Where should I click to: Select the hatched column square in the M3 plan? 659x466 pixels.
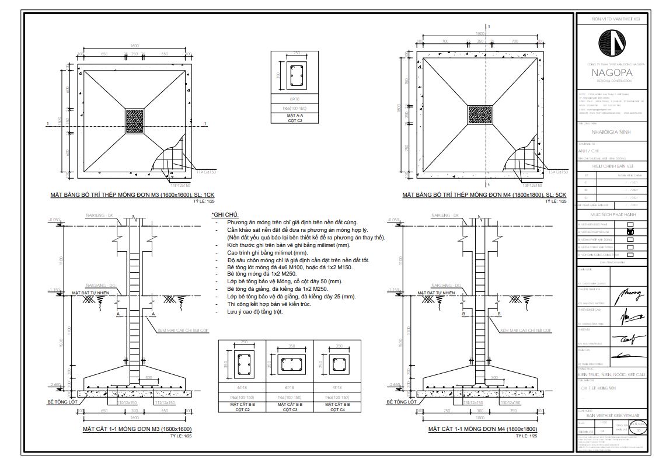pos(135,121)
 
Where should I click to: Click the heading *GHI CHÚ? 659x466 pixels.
pos(225,215)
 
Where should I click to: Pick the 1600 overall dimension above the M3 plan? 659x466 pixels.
pos(135,46)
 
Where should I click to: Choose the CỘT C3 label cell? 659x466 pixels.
pos(290,406)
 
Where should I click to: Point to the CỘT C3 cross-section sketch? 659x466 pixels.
pos(290,363)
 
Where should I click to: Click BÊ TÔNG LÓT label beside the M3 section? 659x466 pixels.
pos(63,402)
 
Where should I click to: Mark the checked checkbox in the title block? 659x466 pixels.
pos(630,231)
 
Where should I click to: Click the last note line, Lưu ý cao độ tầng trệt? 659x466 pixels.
pos(255,312)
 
